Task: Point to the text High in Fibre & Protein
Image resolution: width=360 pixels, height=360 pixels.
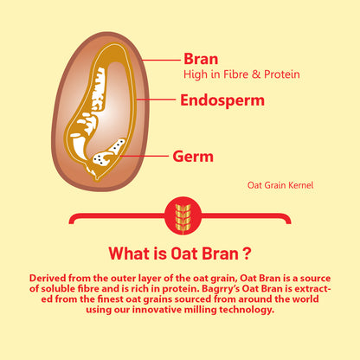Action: (241, 74)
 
